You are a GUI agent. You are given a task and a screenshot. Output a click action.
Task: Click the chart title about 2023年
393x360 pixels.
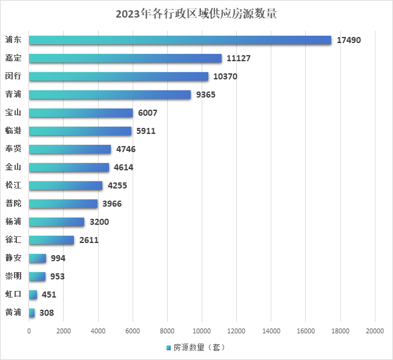(196, 14)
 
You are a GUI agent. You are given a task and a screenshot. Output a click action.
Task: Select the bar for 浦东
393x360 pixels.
(180, 40)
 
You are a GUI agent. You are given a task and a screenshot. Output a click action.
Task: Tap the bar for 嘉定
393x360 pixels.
(125, 58)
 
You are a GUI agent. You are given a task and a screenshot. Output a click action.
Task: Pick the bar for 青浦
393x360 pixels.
(110, 95)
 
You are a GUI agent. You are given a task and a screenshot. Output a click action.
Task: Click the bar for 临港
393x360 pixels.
(80, 131)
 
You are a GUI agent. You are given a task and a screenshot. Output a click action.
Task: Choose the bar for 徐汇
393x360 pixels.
(51, 240)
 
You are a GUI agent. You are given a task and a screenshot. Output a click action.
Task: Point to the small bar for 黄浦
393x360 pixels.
(31, 313)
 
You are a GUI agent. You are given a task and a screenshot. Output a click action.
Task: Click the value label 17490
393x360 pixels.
(349, 40)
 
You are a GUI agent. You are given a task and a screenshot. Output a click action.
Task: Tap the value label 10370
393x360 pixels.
(225, 76)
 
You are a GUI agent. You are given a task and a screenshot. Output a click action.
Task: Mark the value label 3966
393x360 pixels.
(113, 204)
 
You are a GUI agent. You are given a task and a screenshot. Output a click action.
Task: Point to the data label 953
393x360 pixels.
(58, 276)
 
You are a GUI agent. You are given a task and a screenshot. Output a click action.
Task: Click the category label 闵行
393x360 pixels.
(13, 76)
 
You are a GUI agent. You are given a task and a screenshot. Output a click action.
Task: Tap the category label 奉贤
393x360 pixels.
(13, 149)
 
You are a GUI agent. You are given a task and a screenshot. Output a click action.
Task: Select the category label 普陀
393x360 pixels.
(13, 204)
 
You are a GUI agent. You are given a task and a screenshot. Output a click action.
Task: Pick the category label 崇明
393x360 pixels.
(13, 276)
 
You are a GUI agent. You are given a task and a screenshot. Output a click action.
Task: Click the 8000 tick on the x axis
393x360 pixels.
(167, 331)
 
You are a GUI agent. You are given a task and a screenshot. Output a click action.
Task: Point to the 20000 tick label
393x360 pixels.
(375, 331)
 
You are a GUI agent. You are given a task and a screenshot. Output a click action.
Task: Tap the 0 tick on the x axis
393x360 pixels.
(29, 331)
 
